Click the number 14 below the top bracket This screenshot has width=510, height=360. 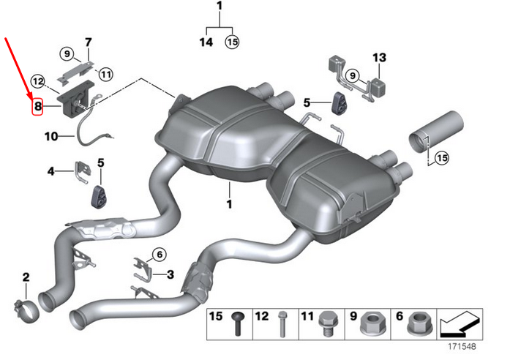[206, 42]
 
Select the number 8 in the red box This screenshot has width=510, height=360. [38, 107]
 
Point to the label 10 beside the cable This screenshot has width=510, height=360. [50, 135]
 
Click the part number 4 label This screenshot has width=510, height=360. [51, 171]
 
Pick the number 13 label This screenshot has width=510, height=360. [378, 56]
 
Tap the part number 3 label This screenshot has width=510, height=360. [170, 274]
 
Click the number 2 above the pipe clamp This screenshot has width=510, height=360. [26, 277]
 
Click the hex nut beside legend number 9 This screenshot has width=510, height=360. [370, 323]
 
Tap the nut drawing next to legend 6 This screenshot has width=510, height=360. [419, 323]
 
